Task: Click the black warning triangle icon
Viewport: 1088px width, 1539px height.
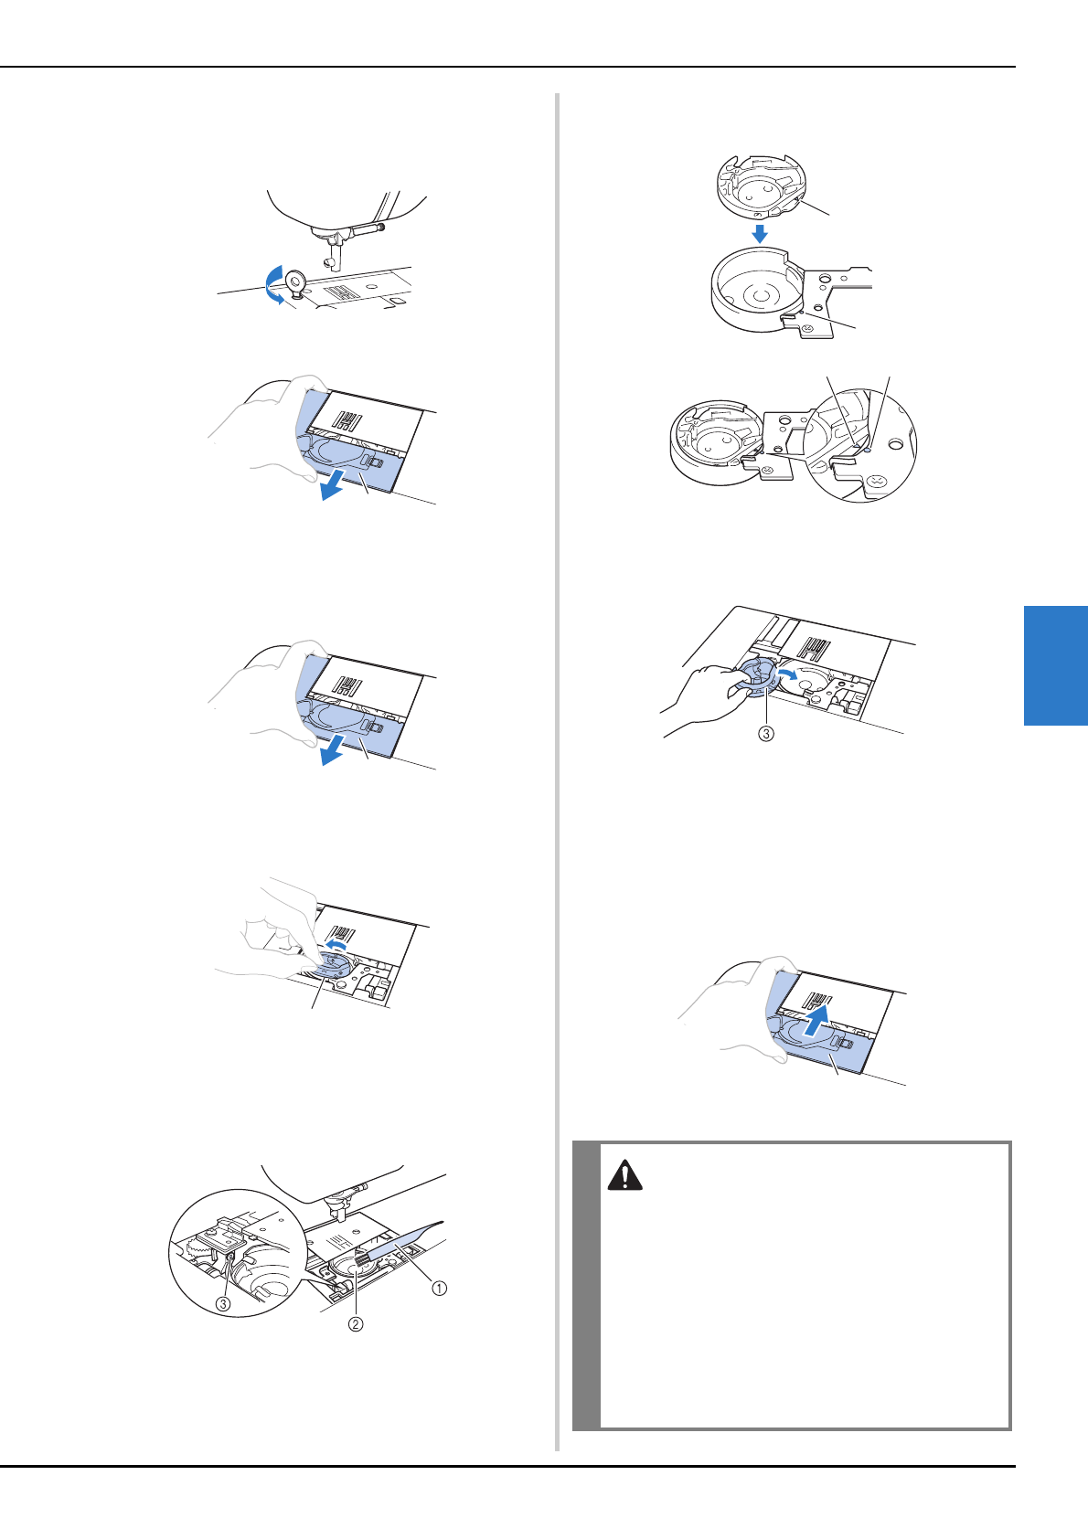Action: (x=624, y=1175)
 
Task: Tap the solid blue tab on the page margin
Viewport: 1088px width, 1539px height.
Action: (x=1056, y=665)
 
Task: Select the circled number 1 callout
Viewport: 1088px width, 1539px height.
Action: (x=439, y=1288)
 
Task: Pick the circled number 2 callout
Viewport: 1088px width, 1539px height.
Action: (x=356, y=1324)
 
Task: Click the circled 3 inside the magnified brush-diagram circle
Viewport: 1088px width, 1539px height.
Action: (x=223, y=1303)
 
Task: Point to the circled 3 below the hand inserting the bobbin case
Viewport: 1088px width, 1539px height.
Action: (x=765, y=734)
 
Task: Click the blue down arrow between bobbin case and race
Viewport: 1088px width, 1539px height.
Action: (x=760, y=233)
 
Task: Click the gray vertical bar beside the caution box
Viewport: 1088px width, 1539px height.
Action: (x=586, y=1286)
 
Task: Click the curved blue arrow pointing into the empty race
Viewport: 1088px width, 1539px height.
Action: (x=787, y=674)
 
